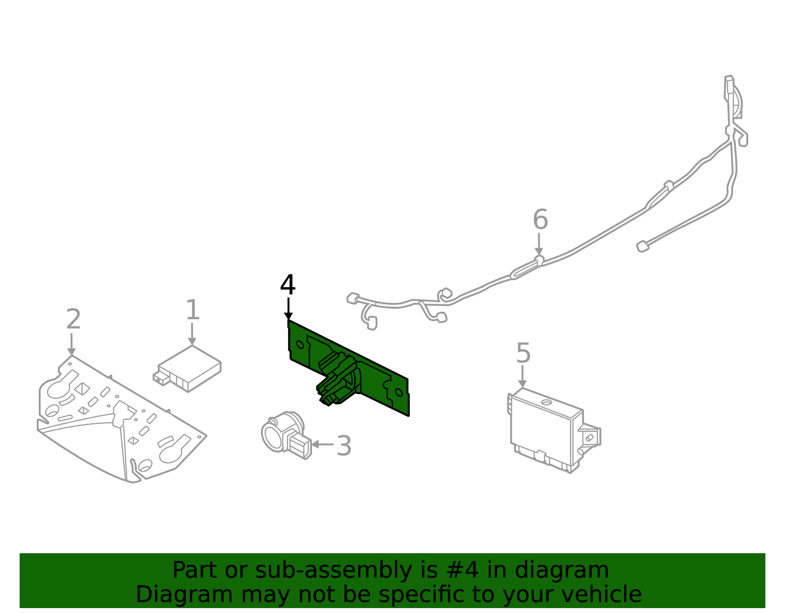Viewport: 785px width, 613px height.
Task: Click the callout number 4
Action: coord(288,285)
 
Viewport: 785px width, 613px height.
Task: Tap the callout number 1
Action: coord(192,310)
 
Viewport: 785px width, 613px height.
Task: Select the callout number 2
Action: coord(73,320)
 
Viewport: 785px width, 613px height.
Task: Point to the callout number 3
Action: coord(344,446)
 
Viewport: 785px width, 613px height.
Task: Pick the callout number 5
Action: coord(523,353)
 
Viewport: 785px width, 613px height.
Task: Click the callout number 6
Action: coord(540,219)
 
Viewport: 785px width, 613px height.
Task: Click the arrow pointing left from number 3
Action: coord(321,444)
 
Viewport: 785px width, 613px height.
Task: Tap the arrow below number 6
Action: coord(539,244)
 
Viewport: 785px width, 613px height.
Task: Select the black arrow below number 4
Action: coord(288,309)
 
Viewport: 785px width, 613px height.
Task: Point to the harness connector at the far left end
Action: coord(353,298)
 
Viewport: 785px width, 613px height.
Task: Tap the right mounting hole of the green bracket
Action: coord(399,392)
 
